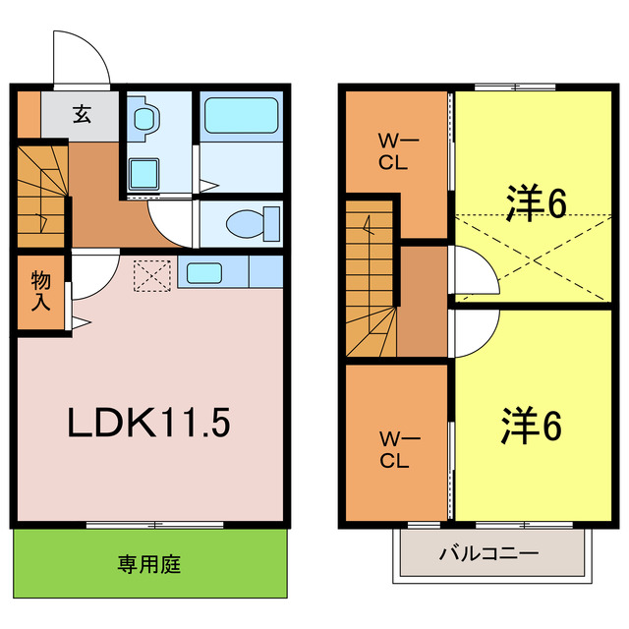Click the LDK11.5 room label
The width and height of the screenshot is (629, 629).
[148, 424]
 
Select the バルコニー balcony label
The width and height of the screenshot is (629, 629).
[488, 553]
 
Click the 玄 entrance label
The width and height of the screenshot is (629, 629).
[81, 114]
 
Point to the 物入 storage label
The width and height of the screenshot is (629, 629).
[41, 291]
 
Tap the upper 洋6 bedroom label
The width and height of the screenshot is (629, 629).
[537, 203]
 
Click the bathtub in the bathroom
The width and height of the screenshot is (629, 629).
[241, 120]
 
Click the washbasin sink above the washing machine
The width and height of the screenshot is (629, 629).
[146, 118]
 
